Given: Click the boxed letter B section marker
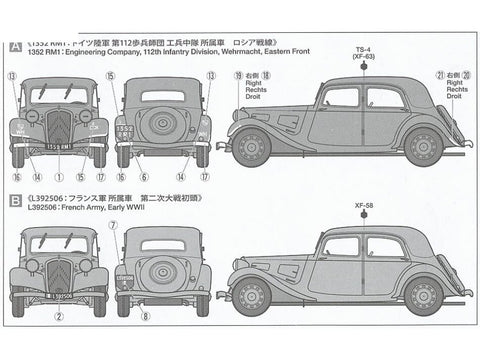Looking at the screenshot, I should pos(15,200).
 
